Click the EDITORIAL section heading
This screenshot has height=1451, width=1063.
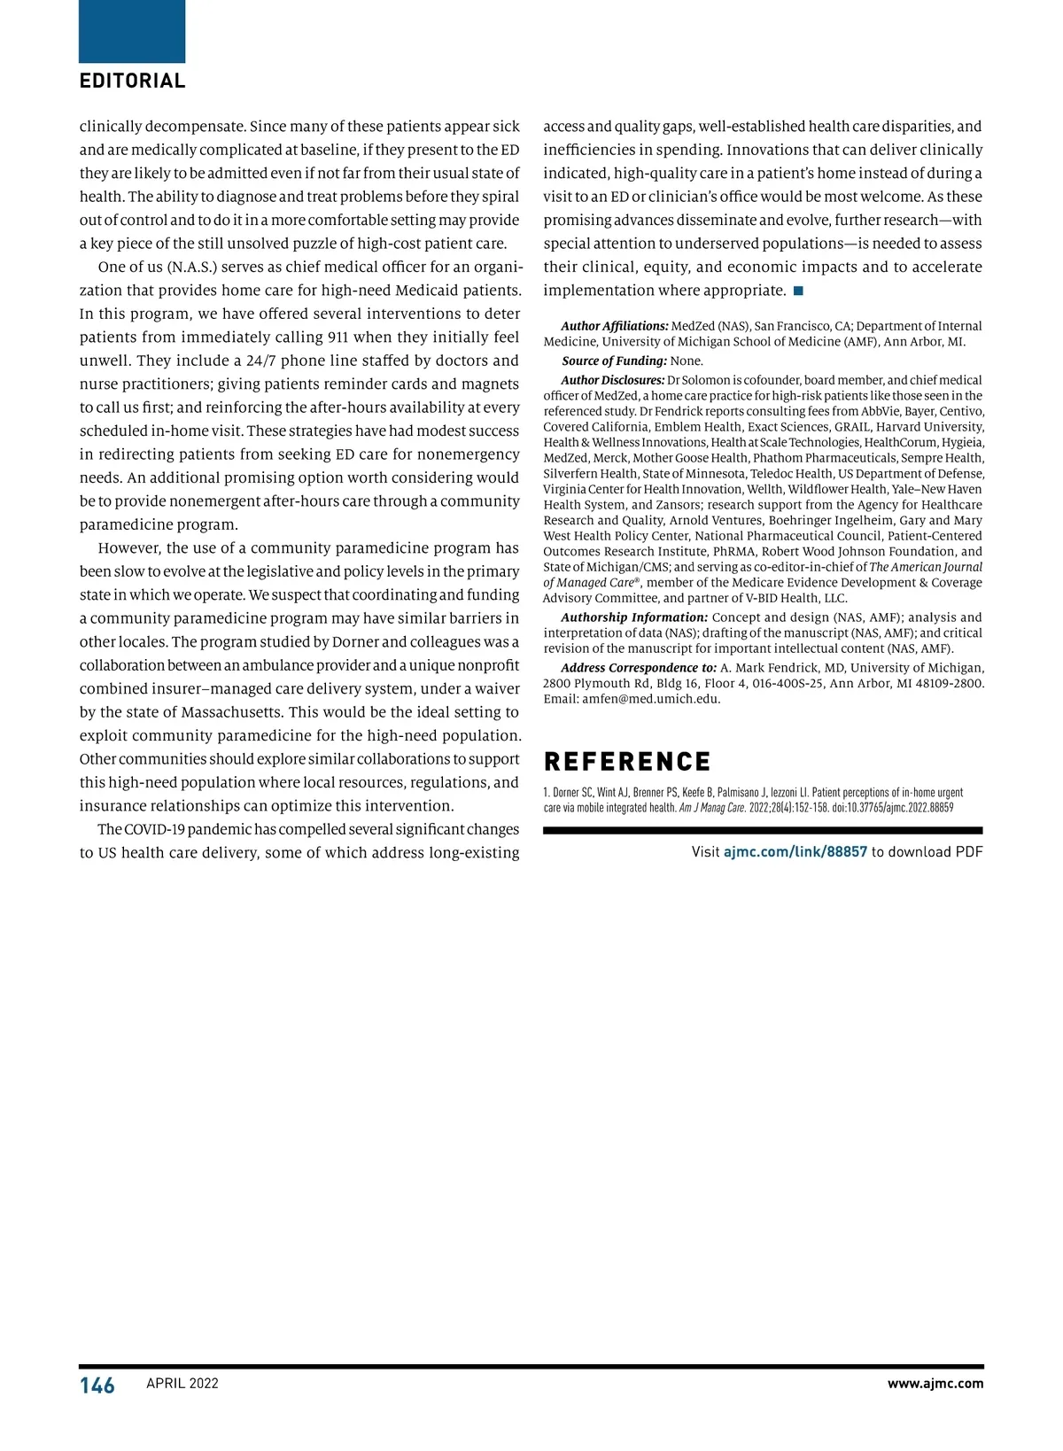click(133, 81)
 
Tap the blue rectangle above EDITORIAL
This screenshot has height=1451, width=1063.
click(132, 31)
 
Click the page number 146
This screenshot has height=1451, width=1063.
click(97, 1385)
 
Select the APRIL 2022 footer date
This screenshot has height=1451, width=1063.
click(182, 1384)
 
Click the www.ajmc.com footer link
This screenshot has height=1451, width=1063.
click(935, 1384)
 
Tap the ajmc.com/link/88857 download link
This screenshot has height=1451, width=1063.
click(795, 852)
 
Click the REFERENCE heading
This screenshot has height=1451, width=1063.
click(627, 762)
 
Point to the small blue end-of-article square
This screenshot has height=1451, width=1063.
click(798, 291)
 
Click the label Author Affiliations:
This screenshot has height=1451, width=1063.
click(615, 326)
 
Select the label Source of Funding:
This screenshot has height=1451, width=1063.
click(615, 361)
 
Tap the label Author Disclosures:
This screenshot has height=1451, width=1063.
click(613, 380)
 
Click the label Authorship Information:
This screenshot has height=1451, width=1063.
click(634, 617)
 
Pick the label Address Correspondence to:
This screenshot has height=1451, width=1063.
click(639, 668)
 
